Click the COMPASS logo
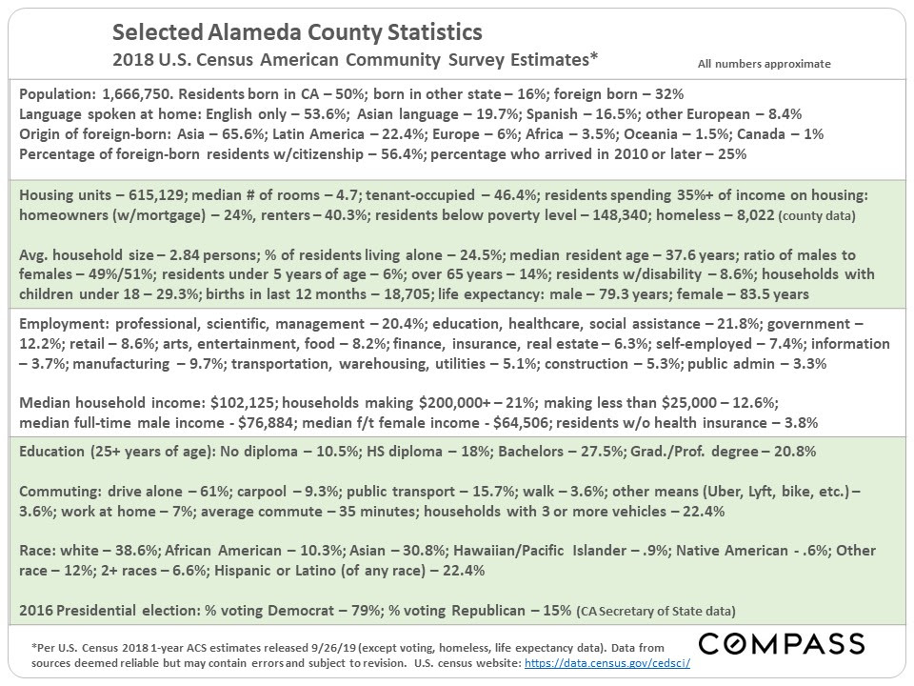tap(781, 644)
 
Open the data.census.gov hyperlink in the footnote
tap(607, 663)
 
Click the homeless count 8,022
tap(755, 215)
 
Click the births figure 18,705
tap(407, 294)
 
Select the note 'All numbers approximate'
tap(765, 64)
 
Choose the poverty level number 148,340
tap(620, 215)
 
